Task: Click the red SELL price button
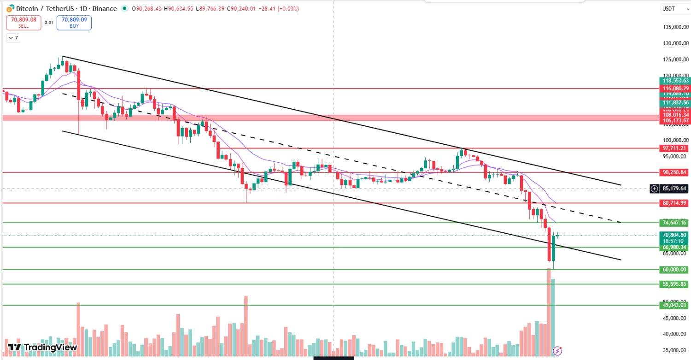click(23, 23)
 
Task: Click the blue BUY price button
click(74, 23)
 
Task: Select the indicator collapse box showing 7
click(13, 38)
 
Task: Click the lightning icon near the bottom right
click(557, 351)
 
